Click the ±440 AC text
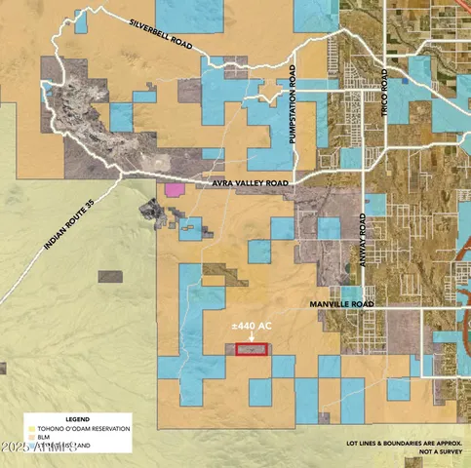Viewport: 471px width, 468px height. click(x=251, y=325)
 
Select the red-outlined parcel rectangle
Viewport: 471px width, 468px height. click(x=252, y=349)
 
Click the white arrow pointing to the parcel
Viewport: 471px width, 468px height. click(x=252, y=338)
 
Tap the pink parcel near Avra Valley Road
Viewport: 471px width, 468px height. click(x=175, y=189)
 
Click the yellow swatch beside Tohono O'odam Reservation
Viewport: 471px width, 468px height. click(x=30, y=427)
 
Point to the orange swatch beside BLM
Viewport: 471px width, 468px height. click(x=30, y=436)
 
